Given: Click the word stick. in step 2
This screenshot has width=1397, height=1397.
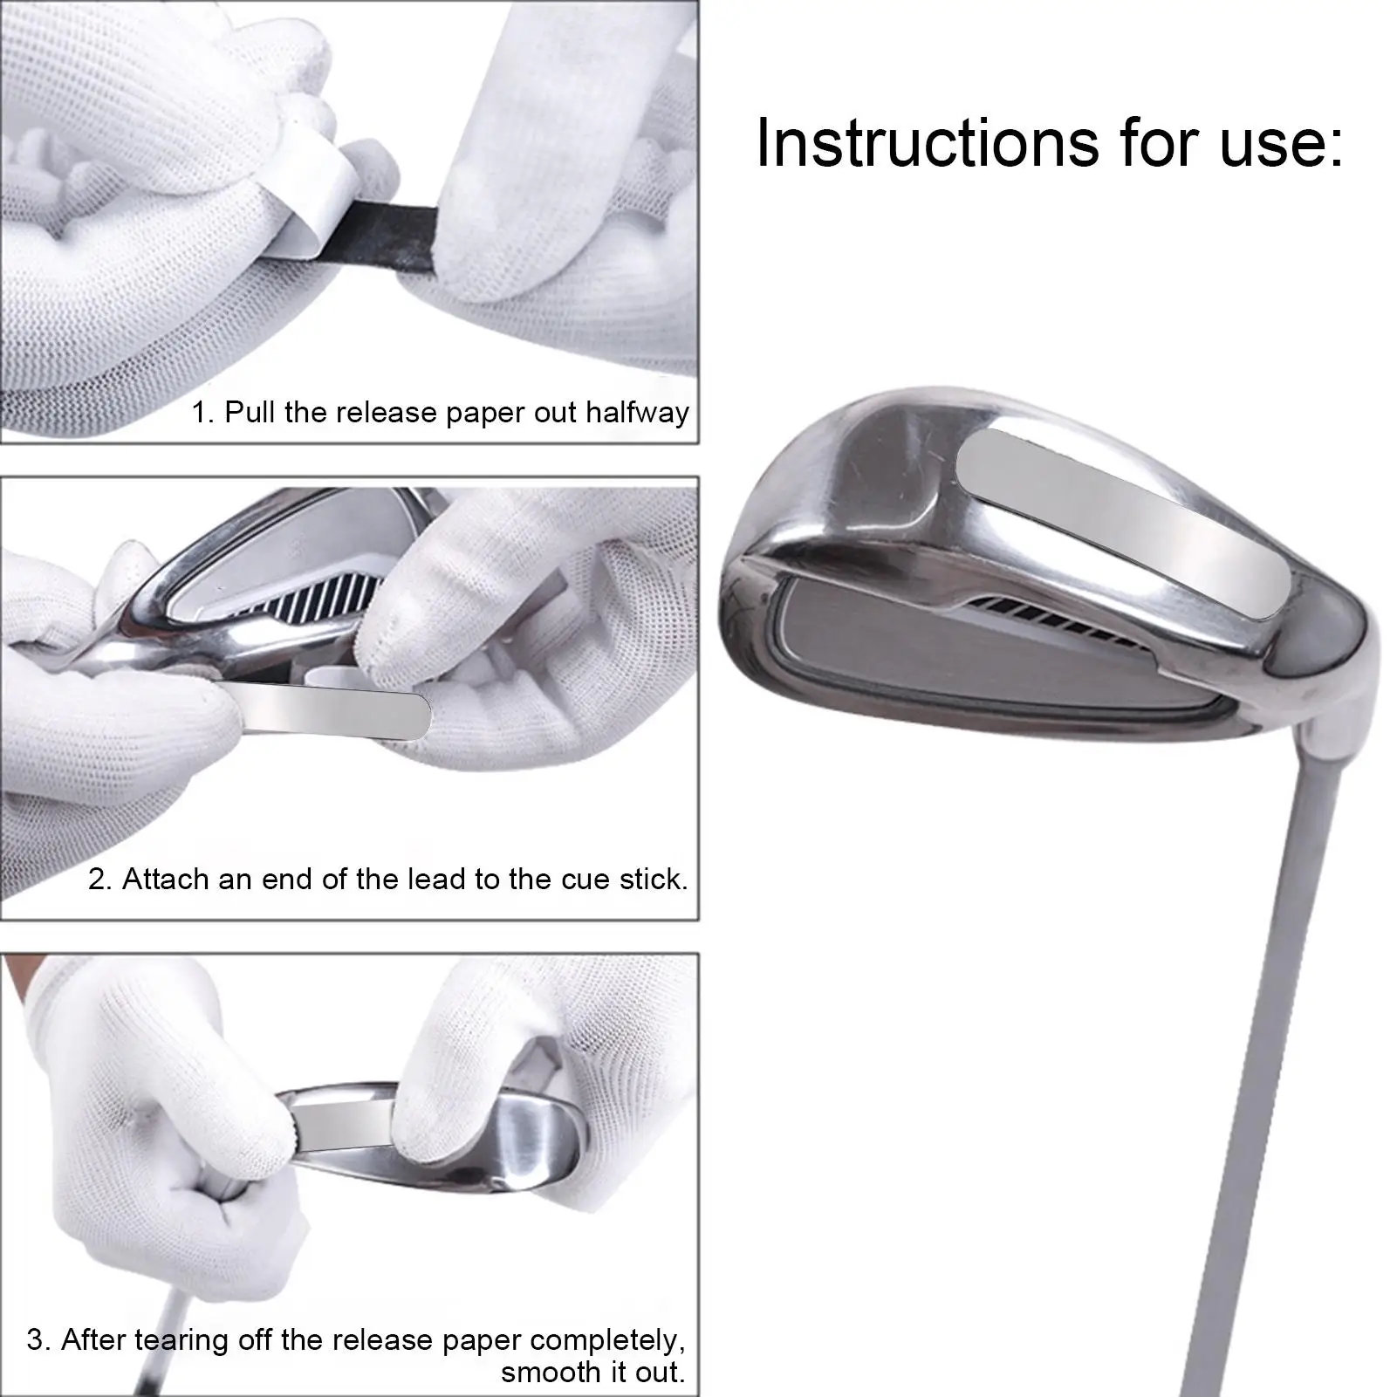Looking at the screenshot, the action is pyautogui.click(x=654, y=879).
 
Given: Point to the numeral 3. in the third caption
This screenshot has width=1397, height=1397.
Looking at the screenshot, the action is pyautogui.click(x=39, y=1340).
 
